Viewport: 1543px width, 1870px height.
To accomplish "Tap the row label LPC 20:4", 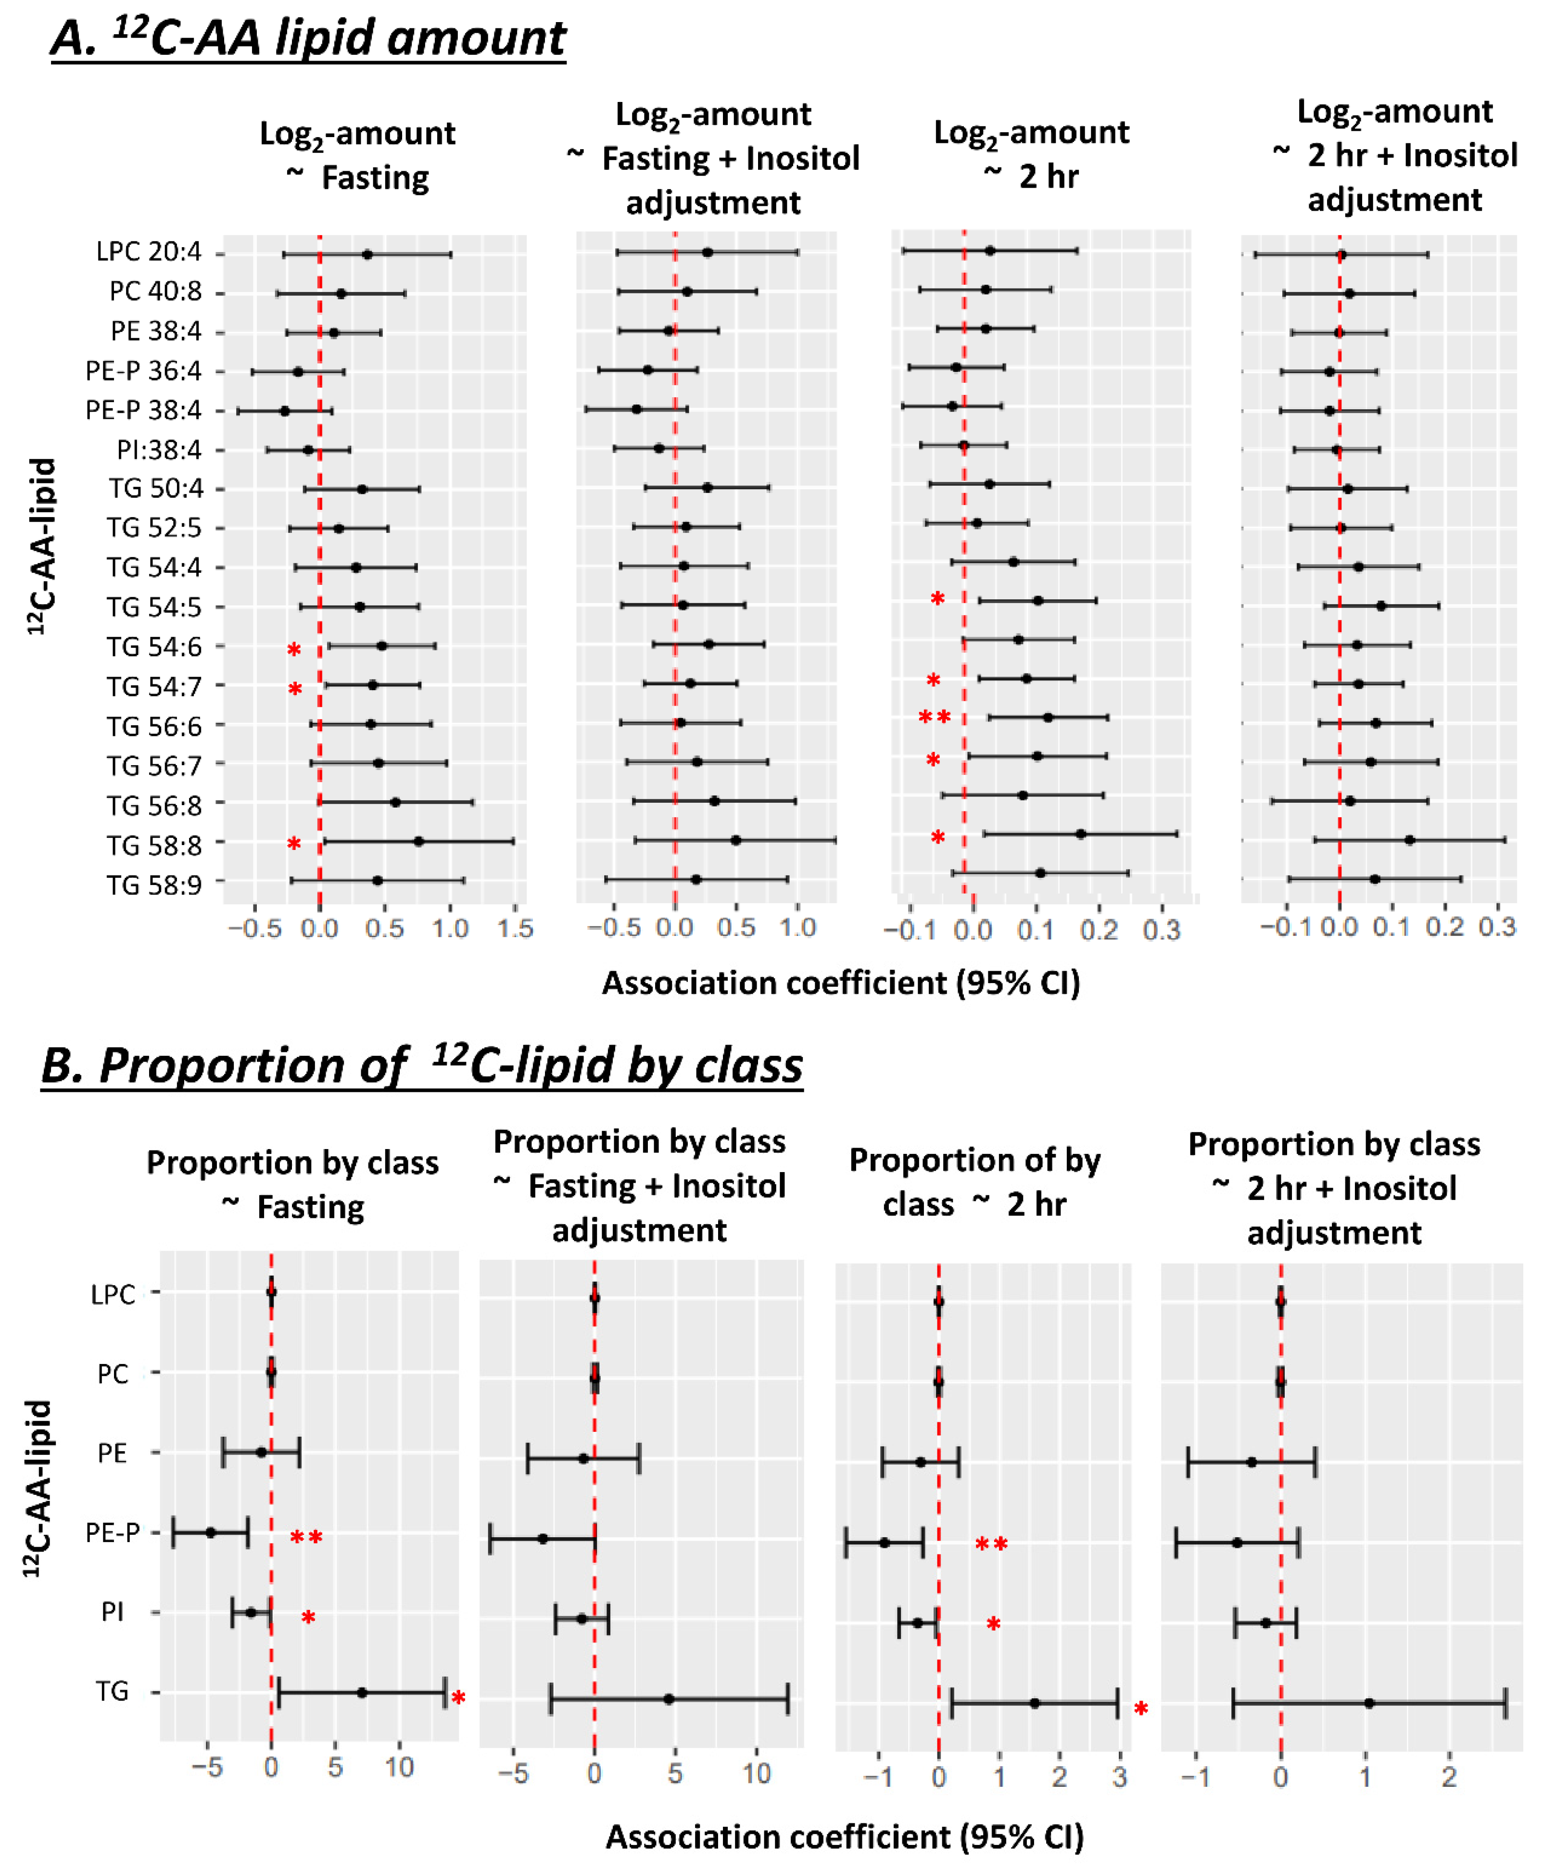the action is pos(149,253).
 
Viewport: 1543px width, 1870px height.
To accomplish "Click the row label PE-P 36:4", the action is pos(143,371).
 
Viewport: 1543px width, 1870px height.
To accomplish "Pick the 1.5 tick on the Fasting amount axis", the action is pos(516,929).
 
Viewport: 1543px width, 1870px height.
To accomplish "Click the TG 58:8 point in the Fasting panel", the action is pos(418,841).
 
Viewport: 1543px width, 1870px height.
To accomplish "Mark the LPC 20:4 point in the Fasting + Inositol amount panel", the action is pos(708,253).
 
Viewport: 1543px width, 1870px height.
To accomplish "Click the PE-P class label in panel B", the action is pos(113,1532).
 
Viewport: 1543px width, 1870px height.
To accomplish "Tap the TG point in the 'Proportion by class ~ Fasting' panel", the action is pos(362,1692).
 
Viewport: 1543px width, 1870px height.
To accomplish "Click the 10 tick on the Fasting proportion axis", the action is pos(399,1767).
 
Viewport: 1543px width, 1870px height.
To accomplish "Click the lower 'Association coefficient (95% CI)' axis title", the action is pos(845,1836).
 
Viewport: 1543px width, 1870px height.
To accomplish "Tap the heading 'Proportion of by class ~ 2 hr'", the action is pos(975,1182).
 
